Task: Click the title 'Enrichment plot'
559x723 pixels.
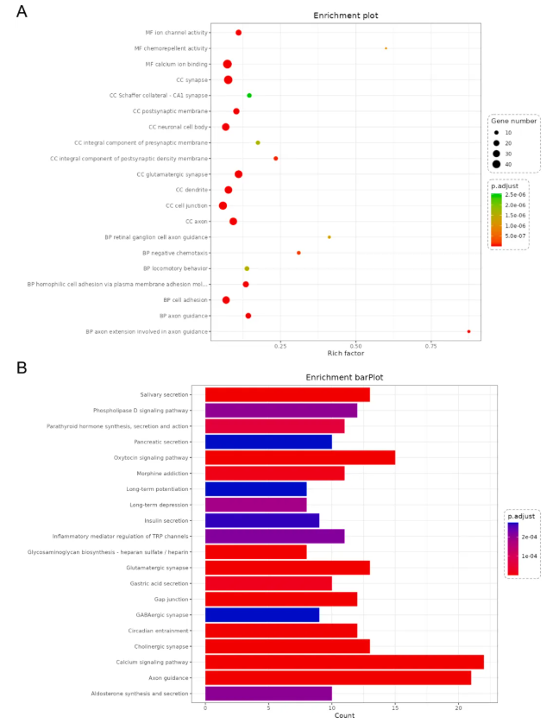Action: tap(345, 16)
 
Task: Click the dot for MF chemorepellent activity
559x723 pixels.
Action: tap(386, 48)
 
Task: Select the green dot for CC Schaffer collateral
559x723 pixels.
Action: tap(249, 96)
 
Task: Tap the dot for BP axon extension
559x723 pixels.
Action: tap(468, 331)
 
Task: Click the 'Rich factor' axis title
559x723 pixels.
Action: tap(345, 353)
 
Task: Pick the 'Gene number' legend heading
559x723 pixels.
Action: tap(514, 121)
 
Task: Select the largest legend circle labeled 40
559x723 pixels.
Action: tap(497, 164)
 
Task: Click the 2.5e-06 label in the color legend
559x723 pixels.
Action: tap(516, 195)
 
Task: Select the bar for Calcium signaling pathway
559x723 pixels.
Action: tap(344, 662)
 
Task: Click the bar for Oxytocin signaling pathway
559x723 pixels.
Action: tap(299, 457)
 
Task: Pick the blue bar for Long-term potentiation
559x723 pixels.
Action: tap(255, 489)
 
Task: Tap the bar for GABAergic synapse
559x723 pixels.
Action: tap(261, 615)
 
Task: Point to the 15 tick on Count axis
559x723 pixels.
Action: tap(395, 707)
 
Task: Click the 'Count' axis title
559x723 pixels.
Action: tap(344, 715)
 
